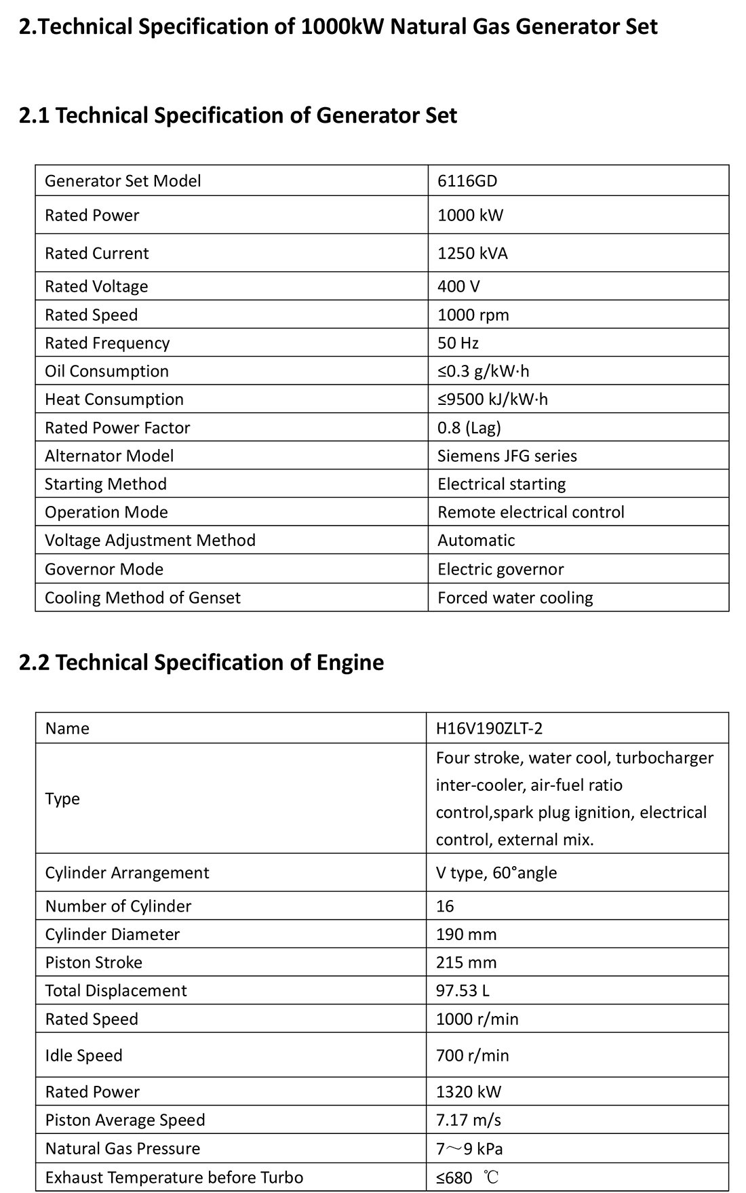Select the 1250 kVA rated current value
click(x=473, y=254)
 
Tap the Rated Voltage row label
click(x=96, y=287)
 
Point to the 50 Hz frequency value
click(x=458, y=343)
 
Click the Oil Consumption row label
click(x=106, y=372)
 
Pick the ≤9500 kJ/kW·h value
click(x=492, y=399)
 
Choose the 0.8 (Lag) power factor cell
click(x=469, y=428)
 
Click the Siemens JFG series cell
click(x=507, y=456)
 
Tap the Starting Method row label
click(x=106, y=484)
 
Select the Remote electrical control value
click(x=531, y=512)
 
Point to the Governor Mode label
click(x=104, y=569)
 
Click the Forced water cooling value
click(x=515, y=598)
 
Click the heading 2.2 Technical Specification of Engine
click(x=201, y=662)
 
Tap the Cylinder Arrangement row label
click(x=127, y=873)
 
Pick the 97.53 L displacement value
click(x=463, y=991)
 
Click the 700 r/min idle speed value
click(x=473, y=1055)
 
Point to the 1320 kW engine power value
click(x=469, y=1092)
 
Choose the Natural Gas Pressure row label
click(x=123, y=1149)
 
